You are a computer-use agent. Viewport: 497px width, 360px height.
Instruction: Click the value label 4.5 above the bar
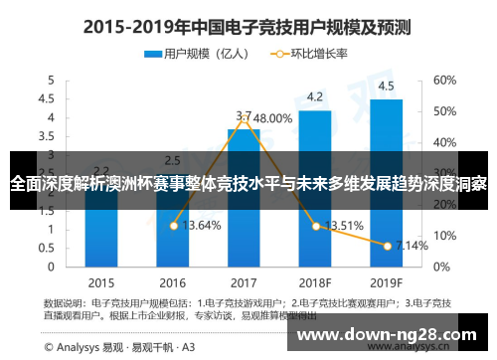pyautogui.click(x=386, y=86)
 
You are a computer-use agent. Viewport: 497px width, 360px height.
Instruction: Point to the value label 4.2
pyautogui.click(x=314, y=96)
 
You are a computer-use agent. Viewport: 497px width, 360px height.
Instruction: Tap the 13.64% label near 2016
pyautogui.click(x=204, y=226)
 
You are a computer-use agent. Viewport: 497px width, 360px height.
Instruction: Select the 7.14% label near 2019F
pyautogui.click(x=412, y=245)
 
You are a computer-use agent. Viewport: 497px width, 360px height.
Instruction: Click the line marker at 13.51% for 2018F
pyautogui.click(x=316, y=226)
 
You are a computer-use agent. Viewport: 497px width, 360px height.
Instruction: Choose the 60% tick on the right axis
pyautogui.click(x=444, y=80)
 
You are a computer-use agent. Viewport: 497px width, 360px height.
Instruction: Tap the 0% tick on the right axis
pyautogui.click(x=441, y=267)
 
